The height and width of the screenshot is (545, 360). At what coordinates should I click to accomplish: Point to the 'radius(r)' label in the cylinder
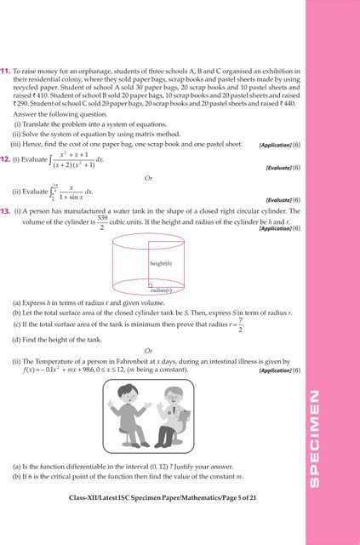162,290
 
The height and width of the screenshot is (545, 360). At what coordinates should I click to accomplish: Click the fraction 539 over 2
101,222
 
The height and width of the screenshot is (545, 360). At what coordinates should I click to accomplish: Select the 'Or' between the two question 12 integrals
148,178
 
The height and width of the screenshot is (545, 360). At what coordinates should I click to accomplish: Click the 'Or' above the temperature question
148,350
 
